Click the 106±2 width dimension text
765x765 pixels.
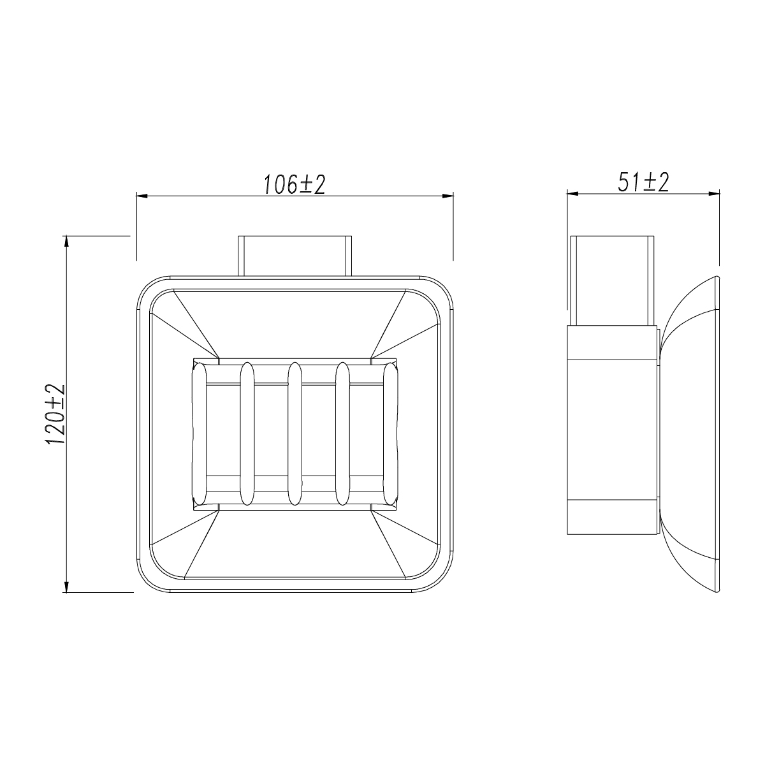[294, 184]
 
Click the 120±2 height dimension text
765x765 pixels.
[56, 414]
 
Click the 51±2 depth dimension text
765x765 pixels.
[643, 182]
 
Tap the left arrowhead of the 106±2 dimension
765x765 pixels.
[142, 196]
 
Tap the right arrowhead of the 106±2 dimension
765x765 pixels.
[448, 196]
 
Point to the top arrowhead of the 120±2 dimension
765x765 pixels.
[66, 241]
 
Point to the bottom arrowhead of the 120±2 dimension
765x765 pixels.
[66, 587]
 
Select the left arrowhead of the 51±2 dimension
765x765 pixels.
[572, 193]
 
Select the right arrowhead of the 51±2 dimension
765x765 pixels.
[715, 193]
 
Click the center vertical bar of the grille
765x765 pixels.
[295, 433]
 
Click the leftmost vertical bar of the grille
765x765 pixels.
[199, 433]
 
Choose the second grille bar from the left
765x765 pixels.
[247, 433]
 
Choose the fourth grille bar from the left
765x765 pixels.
[342, 433]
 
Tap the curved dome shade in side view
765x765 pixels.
[692, 433]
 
